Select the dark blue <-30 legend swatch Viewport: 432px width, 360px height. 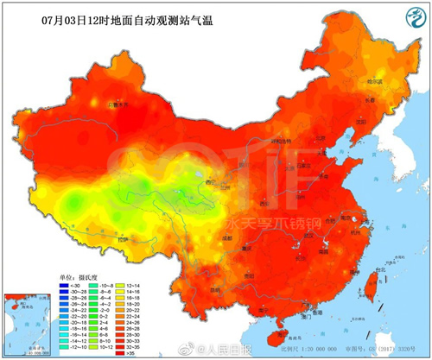pyautogui.click(x=65, y=286)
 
